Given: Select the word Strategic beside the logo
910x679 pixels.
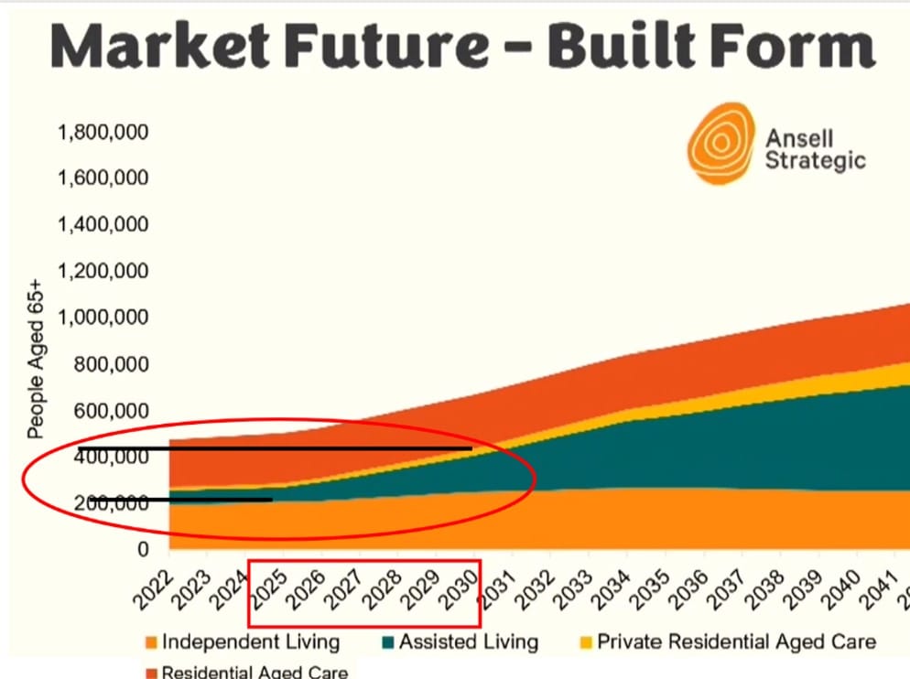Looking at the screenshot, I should point(815,161).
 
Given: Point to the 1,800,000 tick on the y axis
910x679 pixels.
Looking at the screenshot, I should point(103,133).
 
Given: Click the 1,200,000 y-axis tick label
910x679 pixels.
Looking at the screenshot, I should point(103,272).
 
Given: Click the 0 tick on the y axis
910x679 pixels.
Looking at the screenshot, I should point(142,550).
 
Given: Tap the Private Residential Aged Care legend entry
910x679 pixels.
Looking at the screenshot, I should point(735,641).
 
